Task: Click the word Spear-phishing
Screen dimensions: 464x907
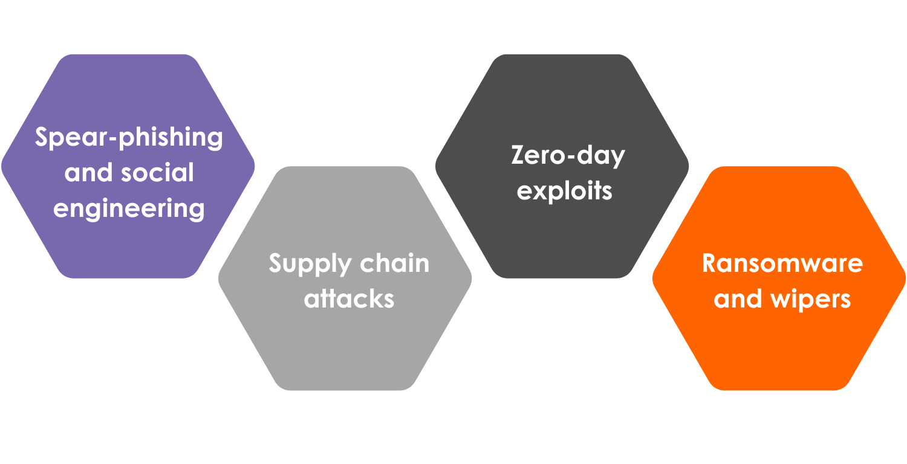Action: [x=129, y=138]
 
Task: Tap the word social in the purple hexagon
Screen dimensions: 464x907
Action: [x=157, y=173]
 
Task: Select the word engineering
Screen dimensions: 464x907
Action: [x=129, y=209]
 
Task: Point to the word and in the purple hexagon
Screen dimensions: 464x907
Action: [x=89, y=173]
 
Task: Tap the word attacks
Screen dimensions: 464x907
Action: [x=349, y=298]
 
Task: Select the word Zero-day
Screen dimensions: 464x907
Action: [x=568, y=156]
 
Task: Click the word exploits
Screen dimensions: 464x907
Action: [x=565, y=191]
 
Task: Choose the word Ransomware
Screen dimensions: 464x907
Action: [x=782, y=263]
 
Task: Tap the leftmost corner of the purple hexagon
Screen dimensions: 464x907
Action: [x=2, y=166]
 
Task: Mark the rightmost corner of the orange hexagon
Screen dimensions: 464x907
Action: [x=905, y=279]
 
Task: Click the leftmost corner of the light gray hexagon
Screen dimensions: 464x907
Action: [x=219, y=279]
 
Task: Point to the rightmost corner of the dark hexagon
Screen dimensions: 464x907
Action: [x=688, y=166]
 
